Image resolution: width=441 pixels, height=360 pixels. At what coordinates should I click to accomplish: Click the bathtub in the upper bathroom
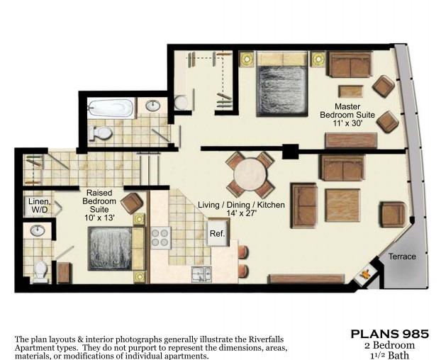point(111,108)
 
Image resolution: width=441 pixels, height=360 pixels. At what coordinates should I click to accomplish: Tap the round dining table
point(250,175)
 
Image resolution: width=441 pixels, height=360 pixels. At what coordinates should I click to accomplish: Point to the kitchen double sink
point(200,275)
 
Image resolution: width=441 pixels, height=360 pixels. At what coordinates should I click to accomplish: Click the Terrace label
point(402,256)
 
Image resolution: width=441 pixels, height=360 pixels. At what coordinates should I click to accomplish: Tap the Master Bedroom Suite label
point(342,114)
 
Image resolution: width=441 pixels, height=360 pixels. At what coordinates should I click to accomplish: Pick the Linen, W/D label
point(38,206)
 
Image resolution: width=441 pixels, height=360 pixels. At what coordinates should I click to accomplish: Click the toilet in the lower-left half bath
point(40,270)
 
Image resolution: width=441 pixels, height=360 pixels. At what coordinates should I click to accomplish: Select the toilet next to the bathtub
point(102,133)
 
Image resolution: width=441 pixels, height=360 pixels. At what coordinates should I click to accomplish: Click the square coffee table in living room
point(342,206)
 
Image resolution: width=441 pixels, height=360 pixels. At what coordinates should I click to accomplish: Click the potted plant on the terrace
point(367,273)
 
